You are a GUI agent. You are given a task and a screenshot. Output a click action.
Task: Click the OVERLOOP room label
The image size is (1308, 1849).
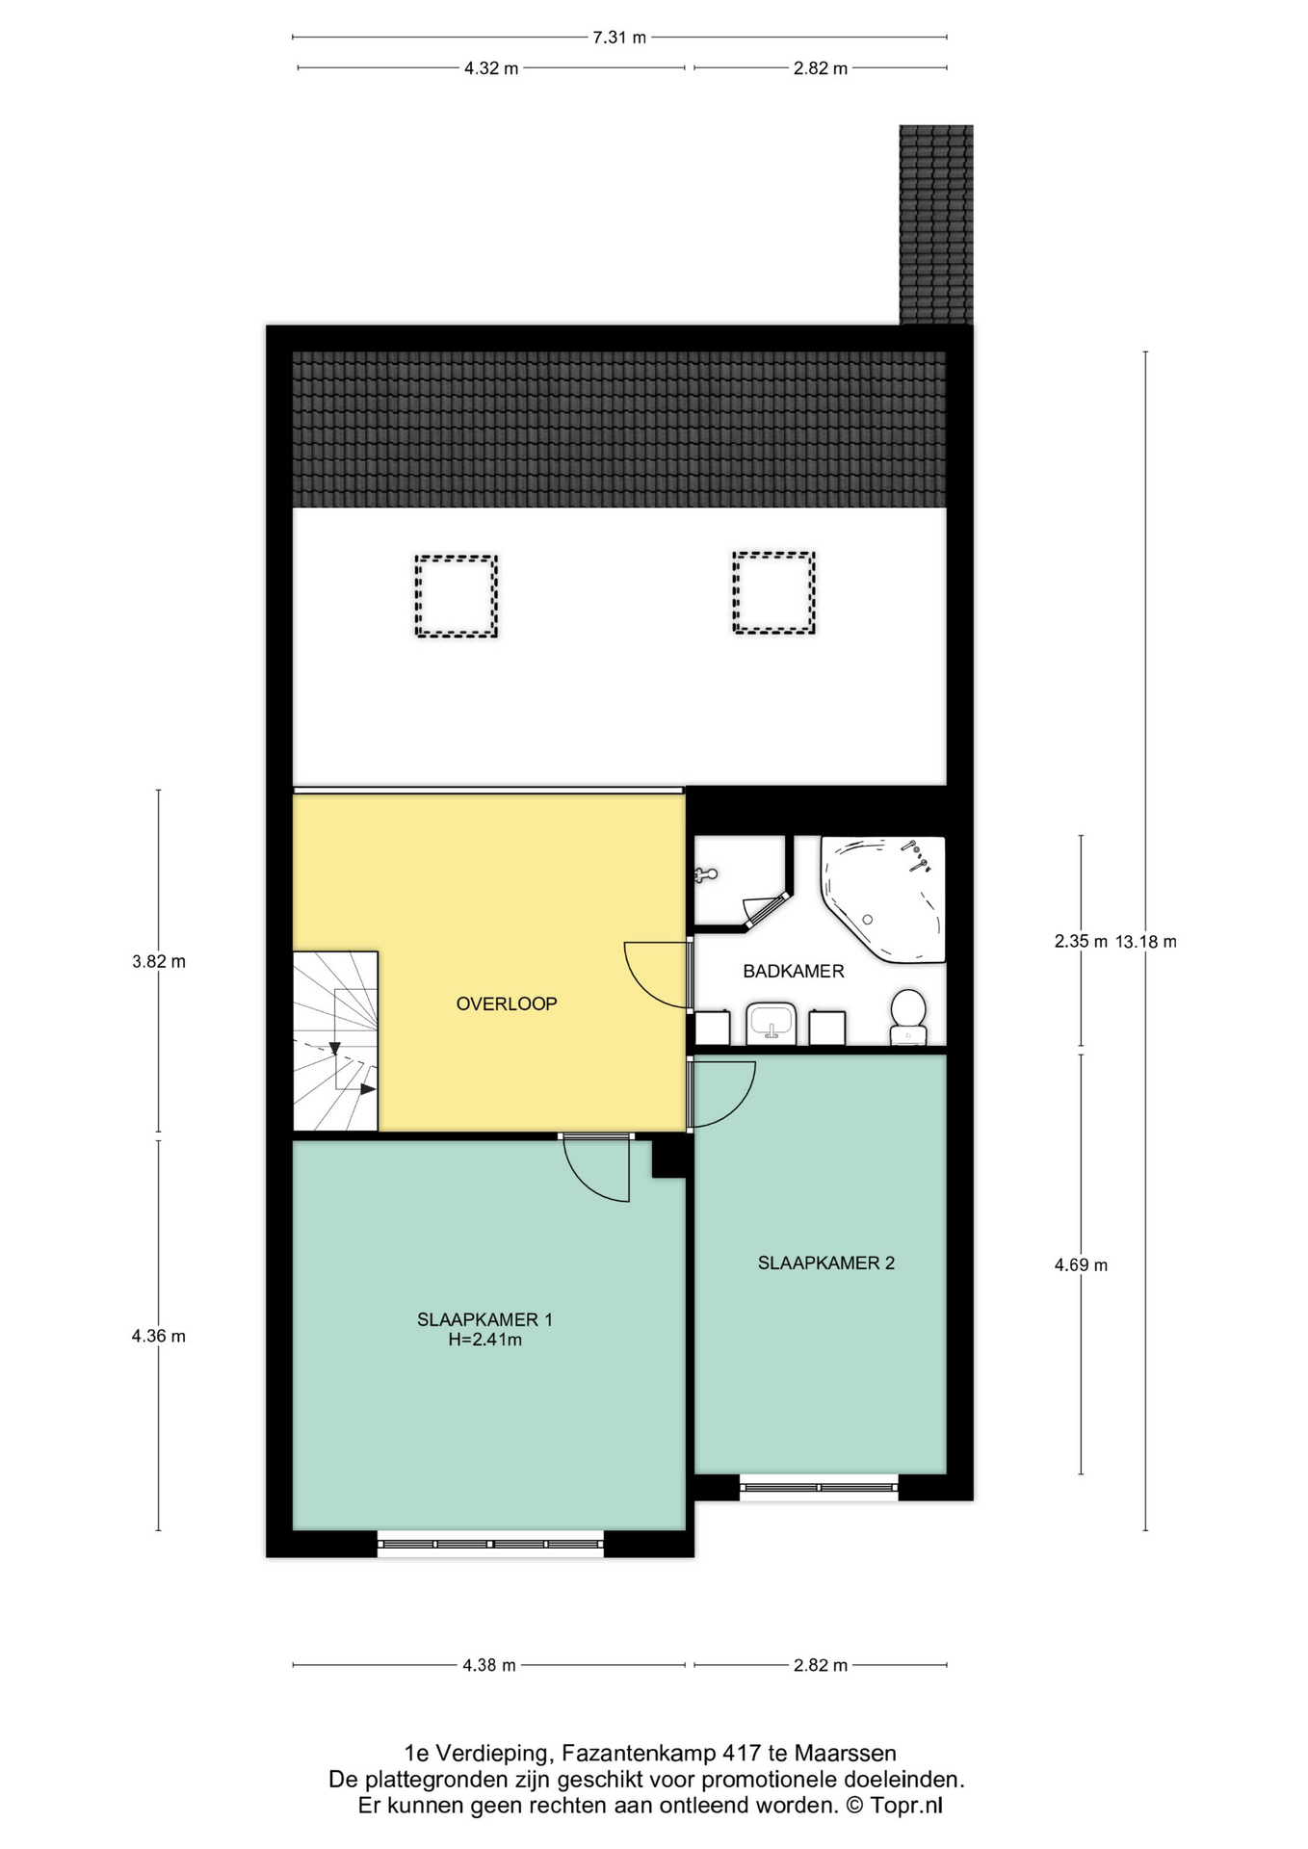pos(507,1003)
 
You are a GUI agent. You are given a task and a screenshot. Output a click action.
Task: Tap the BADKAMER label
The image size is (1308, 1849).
pos(793,971)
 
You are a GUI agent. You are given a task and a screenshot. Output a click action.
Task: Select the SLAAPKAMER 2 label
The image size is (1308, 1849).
pos(825,1263)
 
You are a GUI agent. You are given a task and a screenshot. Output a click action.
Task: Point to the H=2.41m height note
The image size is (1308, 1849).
pos(484,1340)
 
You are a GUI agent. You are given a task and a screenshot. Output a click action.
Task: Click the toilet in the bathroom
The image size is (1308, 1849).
pos(908,1017)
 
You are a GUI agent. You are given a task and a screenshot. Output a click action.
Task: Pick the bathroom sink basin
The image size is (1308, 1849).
pos(771,1024)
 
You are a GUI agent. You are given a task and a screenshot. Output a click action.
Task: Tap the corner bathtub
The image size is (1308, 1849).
pos(882,898)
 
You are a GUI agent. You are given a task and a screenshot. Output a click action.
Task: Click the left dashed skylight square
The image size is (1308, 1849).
pos(457,596)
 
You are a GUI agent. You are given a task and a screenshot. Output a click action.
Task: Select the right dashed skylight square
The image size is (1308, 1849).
pos(773,592)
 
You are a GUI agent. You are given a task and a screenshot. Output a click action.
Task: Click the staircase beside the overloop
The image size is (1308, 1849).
pos(335,1041)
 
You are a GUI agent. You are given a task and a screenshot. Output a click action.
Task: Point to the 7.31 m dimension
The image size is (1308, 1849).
pos(619,38)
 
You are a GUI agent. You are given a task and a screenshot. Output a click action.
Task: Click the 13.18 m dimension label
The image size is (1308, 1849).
pos(1146,942)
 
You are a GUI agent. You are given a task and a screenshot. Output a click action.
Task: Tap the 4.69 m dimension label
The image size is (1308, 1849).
pos(1081,1264)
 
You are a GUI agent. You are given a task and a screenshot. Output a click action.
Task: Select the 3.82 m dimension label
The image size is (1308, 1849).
pos(159,961)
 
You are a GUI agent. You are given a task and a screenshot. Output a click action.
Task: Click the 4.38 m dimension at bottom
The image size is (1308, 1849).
pos(489,1664)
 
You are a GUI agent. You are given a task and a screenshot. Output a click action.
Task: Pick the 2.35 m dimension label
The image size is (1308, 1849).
pos(1081,942)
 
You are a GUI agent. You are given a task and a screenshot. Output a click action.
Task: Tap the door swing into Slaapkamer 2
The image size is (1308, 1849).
pos(724,1093)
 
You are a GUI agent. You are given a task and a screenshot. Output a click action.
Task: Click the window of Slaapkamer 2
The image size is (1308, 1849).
pos(819,1488)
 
